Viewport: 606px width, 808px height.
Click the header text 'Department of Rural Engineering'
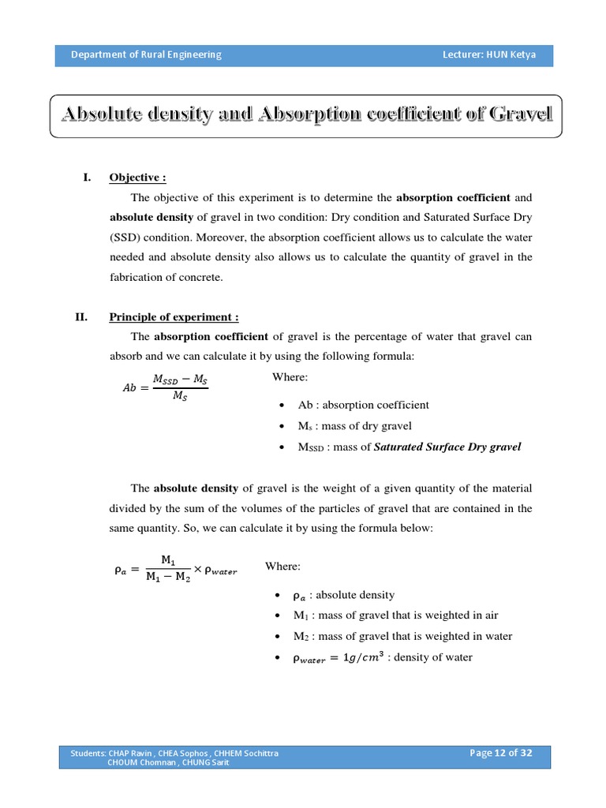pos(146,54)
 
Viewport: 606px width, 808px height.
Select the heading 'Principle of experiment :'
pos(174,317)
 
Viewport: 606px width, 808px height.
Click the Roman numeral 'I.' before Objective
pos(88,178)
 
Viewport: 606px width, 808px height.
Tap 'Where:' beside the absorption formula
pos(290,377)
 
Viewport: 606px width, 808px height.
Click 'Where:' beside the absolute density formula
pos(282,567)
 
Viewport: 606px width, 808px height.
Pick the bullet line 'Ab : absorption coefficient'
pos(363,405)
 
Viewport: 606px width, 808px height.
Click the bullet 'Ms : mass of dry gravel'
pos(354,426)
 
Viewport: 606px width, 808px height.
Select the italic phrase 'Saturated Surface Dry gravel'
pos(447,447)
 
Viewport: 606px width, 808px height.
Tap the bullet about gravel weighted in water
pos(402,636)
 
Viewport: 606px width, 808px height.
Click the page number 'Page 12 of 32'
pos(500,753)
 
